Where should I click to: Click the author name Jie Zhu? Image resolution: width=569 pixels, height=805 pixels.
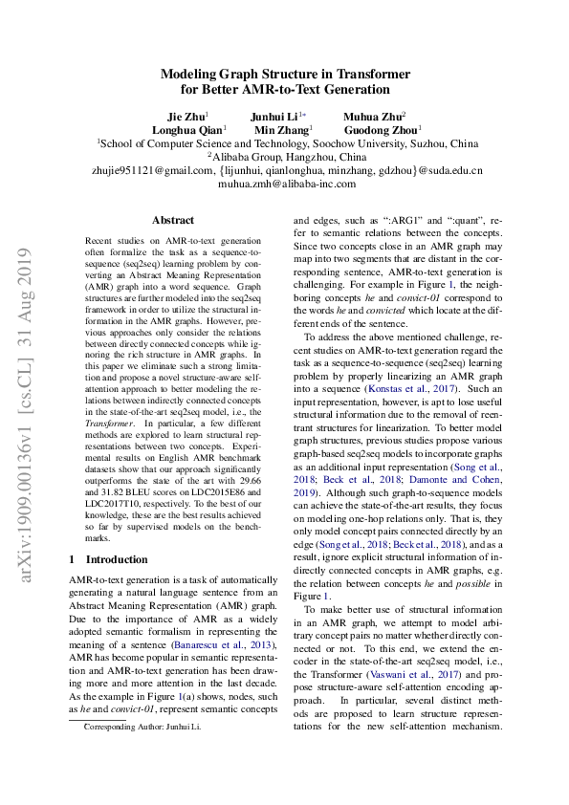[186, 116]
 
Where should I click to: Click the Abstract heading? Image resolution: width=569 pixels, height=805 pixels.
[172, 220]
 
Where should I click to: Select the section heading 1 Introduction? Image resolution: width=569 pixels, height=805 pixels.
[109, 559]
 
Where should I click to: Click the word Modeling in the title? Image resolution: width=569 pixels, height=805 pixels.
[189, 74]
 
